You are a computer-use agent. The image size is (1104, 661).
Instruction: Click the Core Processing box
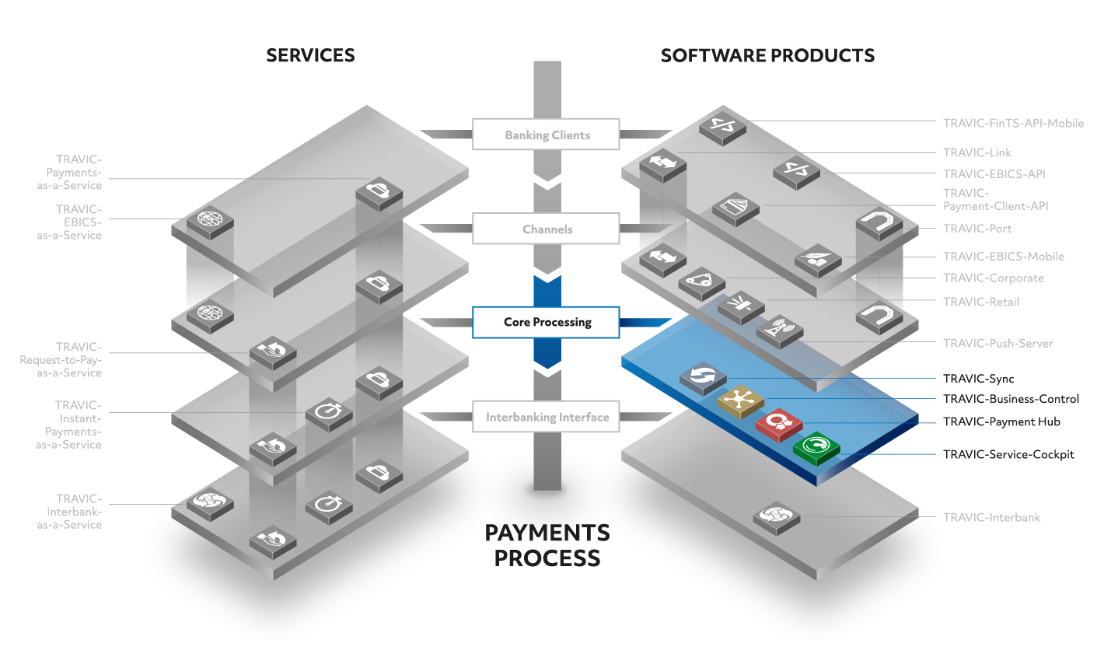546,323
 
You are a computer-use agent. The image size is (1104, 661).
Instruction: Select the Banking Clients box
546,134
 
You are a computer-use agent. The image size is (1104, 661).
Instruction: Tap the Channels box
546,228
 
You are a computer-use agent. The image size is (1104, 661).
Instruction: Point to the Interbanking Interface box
546,417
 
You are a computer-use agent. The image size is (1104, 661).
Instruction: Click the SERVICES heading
310,55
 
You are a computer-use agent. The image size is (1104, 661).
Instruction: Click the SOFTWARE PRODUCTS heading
767,55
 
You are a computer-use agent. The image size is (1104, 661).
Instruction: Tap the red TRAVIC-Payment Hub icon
779,425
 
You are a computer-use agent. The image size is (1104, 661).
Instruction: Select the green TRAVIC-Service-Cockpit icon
816,448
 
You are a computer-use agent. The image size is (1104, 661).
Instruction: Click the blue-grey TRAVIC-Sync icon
703,379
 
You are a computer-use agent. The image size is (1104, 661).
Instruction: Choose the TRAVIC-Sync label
978,379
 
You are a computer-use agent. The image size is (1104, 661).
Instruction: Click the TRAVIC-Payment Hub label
1001,422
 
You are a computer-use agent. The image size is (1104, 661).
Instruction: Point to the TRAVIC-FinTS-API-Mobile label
1013,123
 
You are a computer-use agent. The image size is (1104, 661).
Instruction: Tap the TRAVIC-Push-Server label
997,344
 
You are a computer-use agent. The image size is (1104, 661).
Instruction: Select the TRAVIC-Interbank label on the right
991,518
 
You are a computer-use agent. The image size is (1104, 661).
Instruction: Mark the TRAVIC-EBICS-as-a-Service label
69,222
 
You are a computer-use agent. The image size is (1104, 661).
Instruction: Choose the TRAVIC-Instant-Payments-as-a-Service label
68,425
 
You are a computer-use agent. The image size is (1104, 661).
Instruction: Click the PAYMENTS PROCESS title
547,546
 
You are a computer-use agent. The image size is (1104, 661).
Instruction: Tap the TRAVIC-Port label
976,229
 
